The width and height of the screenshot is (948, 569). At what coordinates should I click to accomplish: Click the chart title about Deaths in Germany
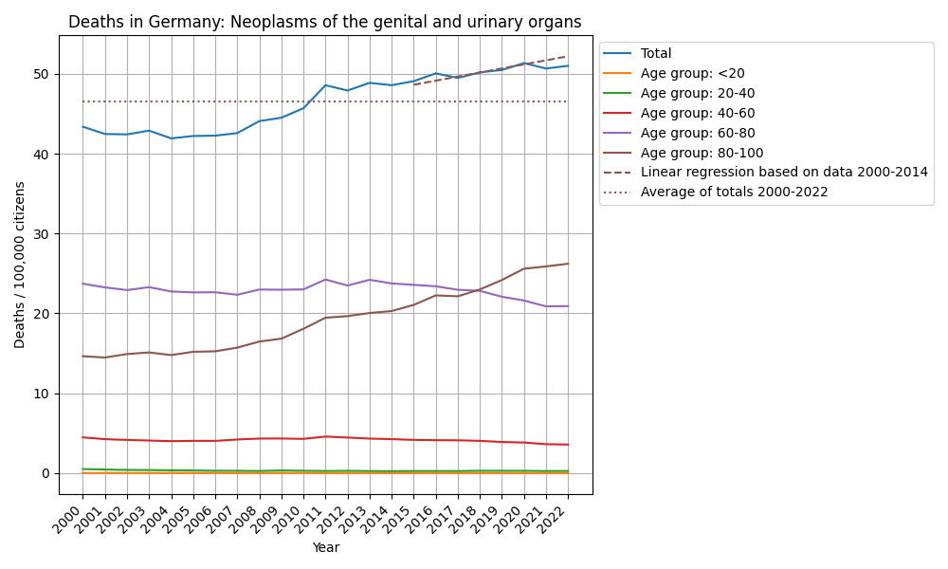[x=325, y=22]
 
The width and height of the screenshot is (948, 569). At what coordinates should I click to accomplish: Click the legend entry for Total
[x=656, y=54]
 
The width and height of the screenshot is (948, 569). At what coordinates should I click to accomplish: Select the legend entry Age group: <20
[x=684, y=74]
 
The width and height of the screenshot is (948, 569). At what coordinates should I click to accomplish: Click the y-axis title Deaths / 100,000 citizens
[x=20, y=265]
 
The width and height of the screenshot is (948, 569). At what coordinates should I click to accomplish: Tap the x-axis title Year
[x=325, y=547]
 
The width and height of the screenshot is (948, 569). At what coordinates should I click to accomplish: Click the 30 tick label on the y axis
[x=42, y=234]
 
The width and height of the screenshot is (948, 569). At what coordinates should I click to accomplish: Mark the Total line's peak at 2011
[x=325, y=85]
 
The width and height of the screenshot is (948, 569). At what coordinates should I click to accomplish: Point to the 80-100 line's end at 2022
[x=568, y=264]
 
